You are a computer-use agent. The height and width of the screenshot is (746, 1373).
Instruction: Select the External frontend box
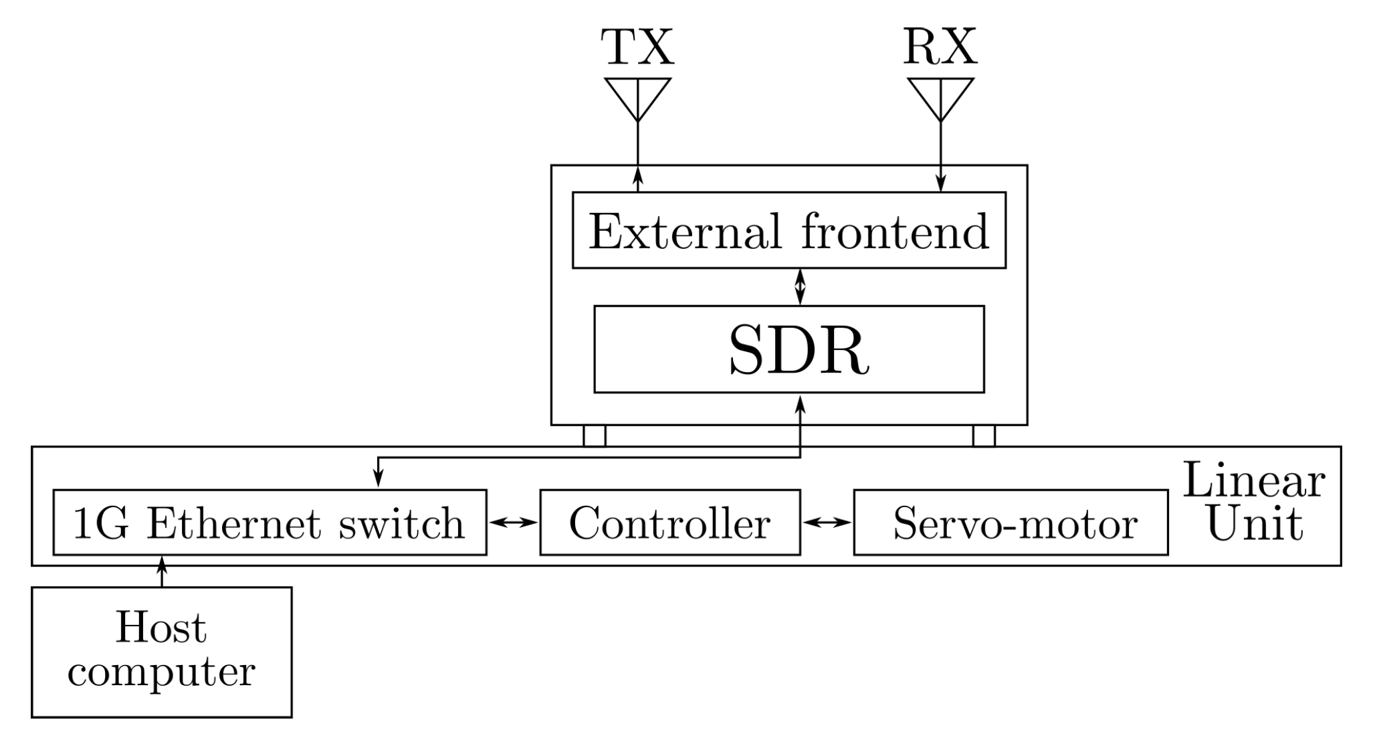(789, 231)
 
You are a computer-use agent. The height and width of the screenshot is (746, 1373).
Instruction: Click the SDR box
(789, 350)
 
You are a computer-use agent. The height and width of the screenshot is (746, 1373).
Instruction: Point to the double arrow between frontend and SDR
(800, 287)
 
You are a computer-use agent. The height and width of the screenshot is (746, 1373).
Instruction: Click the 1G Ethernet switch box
(270, 523)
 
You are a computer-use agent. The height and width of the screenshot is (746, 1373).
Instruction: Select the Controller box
(669, 523)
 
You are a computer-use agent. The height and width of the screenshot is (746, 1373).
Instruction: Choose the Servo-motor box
(1011, 523)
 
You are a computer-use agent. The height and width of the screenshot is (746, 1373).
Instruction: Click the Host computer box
(161, 652)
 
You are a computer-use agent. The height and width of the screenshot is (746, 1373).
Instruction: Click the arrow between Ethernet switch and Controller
(513, 523)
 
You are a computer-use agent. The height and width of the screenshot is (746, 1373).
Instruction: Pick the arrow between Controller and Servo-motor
(827, 523)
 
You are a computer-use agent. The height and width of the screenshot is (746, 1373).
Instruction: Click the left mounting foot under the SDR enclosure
(595, 436)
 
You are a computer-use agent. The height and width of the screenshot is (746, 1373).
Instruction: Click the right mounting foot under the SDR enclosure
(983, 436)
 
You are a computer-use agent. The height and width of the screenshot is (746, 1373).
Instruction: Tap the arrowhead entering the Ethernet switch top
(378, 478)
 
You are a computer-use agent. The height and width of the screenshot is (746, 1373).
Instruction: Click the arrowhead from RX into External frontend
(940, 183)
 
